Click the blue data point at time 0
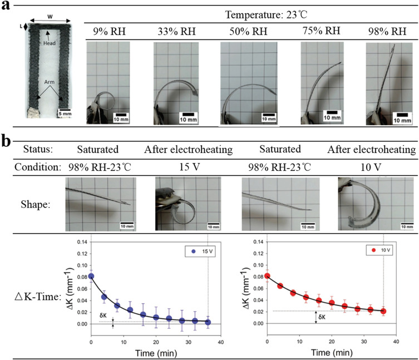[91, 276]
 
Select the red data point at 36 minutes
[383, 311]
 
